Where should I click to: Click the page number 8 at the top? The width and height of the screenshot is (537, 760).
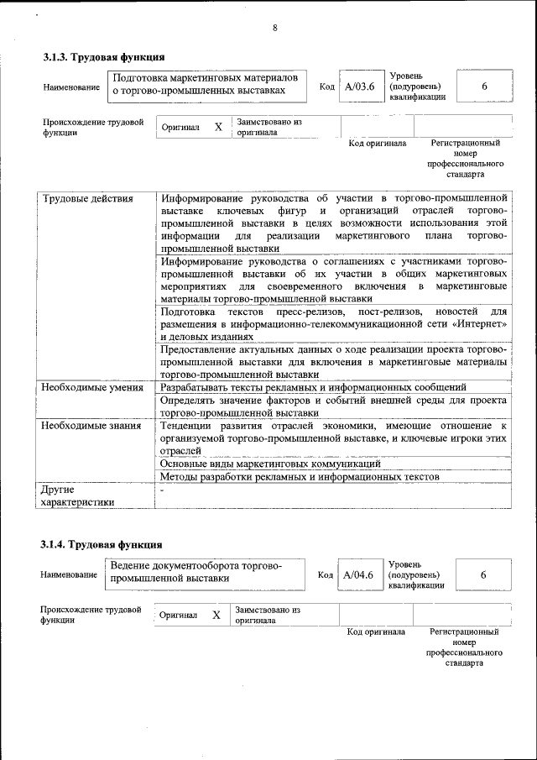click(274, 28)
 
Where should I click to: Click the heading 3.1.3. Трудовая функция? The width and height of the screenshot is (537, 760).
click(103, 58)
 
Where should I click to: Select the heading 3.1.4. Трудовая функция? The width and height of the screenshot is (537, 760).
click(102, 545)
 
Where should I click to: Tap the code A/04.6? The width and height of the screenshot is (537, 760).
click(358, 574)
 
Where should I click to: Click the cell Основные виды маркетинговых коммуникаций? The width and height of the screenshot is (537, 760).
click(270, 464)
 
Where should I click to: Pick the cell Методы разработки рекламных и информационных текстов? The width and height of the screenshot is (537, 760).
click(300, 477)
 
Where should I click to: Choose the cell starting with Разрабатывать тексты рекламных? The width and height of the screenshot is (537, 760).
click(313, 387)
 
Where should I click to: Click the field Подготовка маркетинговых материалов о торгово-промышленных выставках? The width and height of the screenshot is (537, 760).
click(206, 84)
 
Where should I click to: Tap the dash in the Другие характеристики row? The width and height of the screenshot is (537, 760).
click(163, 490)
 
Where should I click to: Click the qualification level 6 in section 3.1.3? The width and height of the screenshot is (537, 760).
click(484, 86)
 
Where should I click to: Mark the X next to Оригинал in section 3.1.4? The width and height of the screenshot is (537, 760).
click(216, 615)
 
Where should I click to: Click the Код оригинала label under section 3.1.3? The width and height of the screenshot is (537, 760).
click(378, 144)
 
